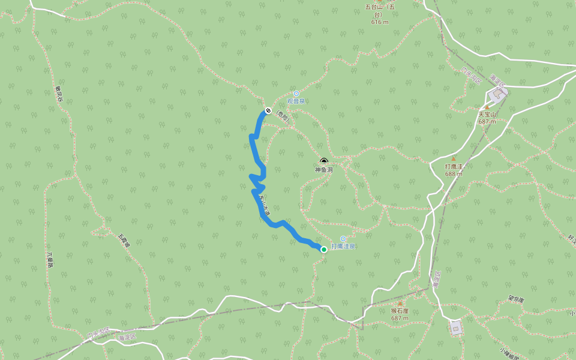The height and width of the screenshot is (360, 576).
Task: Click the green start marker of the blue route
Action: point(324,250)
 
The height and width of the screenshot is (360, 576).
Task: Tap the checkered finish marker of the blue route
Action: point(268,110)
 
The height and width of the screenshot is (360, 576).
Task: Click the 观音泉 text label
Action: point(296,101)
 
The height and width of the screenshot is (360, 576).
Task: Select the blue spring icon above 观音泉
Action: point(296,94)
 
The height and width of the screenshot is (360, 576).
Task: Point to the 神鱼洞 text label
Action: point(324,170)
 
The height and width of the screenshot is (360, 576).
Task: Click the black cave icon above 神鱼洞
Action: point(324,161)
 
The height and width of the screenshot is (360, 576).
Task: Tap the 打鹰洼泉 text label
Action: point(343,246)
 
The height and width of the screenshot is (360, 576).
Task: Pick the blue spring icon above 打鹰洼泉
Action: point(343,239)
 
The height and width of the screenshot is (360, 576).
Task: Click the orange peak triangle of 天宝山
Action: point(487,107)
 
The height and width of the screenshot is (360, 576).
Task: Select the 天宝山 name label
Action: point(487,114)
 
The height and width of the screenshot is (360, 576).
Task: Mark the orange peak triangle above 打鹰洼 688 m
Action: point(454,159)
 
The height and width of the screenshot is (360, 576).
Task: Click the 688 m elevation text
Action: point(454,174)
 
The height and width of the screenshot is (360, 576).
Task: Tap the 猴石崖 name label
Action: point(400,311)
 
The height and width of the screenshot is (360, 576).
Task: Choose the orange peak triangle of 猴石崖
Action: point(400,304)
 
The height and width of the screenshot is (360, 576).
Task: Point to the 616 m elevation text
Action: point(380,22)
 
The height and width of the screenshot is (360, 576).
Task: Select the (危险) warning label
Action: point(283,118)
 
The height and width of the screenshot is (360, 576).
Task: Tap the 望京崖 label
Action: point(516,298)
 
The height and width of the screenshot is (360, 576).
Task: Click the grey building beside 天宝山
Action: point(497,94)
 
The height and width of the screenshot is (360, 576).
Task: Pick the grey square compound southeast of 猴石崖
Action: point(456,327)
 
